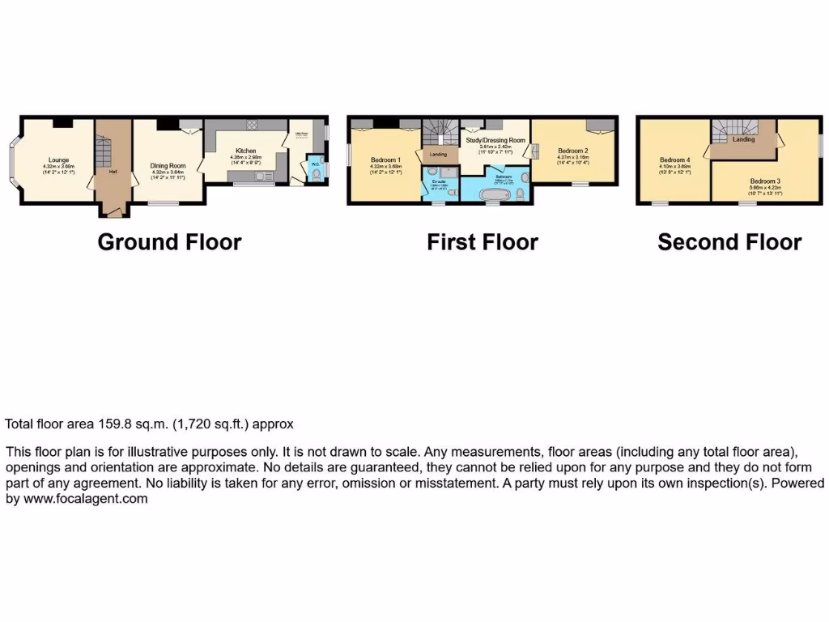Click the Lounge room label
(57, 160)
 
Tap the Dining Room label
(168, 165)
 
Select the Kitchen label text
(246, 151)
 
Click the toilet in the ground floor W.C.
(316, 173)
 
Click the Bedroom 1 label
(385, 160)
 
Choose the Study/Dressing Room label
(496, 140)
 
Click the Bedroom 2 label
(572, 151)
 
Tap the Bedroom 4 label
(674, 160)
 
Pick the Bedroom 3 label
(764, 181)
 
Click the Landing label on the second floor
(743, 139)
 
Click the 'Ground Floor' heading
(169, 241)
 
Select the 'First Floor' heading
(483, 241)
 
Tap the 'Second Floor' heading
(729, 241)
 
